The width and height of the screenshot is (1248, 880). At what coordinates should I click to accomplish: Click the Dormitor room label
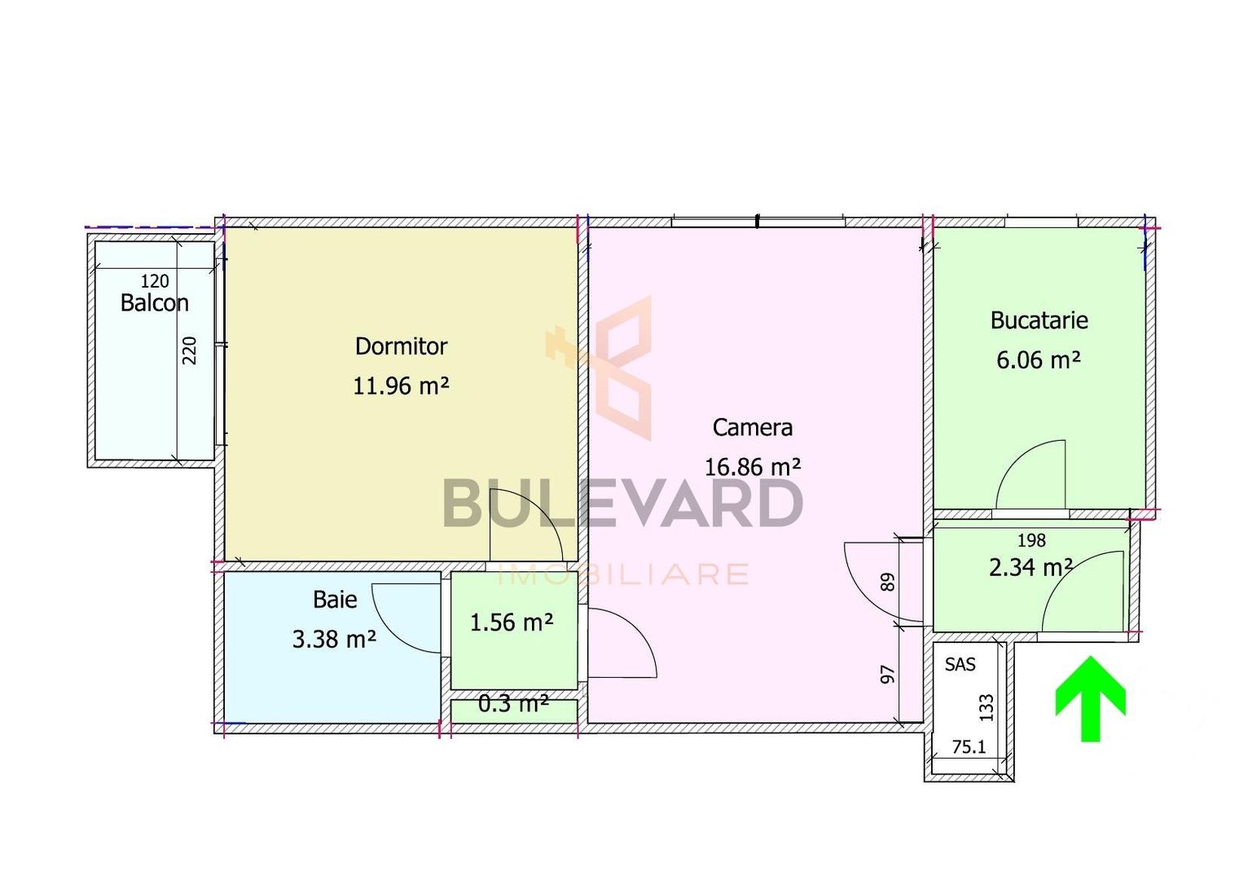[401, 346]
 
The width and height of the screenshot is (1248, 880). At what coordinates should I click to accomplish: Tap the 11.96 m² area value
[401, 385]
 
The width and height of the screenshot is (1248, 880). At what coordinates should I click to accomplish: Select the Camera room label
[752, 428]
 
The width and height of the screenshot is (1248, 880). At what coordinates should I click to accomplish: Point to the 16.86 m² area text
[752, 467]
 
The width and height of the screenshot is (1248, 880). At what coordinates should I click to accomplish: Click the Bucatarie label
[1039, 320]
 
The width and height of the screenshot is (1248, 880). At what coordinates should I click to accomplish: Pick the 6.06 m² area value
[1039, 359]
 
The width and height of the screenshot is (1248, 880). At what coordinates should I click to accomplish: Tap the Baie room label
[335, 600]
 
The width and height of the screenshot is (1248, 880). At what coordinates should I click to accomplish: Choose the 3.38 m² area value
[334, 639]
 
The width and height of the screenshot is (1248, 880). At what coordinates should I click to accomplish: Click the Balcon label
[154, 303]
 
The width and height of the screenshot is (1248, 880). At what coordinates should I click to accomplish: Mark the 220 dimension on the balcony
[190, 350]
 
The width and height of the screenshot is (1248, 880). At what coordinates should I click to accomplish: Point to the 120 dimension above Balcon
[155, 281]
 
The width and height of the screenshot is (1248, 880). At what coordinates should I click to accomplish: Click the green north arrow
[1090, 698]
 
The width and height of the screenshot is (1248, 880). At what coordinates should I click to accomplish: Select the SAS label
[960, 665]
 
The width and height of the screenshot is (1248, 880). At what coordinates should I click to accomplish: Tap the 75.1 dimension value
[969, 746]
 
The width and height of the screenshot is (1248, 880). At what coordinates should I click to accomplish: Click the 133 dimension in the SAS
[987, 707]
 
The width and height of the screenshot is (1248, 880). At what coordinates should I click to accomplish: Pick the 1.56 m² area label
[512, 623]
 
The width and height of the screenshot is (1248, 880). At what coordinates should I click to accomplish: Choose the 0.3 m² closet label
[513, 703]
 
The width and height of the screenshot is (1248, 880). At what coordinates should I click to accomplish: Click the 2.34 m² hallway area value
[1030, 567]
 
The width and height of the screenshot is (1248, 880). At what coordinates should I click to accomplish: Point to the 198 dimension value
[1031, 540]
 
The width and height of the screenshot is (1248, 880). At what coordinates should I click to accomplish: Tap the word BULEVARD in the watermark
[623, 503]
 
